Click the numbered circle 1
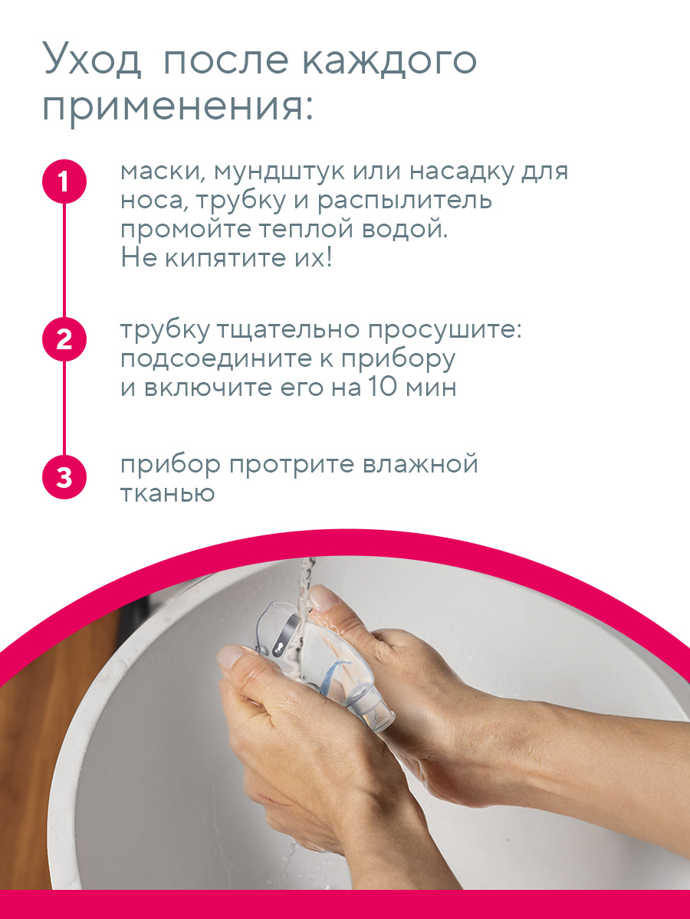pos(64,182)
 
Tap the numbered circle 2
pos(64,338)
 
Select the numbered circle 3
pos(64,477)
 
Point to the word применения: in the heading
pos(178,107)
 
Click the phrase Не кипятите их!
pos(226,258)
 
